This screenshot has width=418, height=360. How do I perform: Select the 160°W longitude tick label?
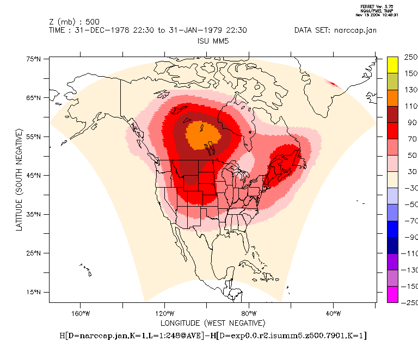pos(79,313)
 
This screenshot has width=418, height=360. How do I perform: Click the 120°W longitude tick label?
pos(164,313)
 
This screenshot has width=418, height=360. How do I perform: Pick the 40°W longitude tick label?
pos(333,313)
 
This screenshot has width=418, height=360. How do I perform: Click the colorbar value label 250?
pos(410,57)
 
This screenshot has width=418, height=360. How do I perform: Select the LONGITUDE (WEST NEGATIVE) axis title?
pos(212,322)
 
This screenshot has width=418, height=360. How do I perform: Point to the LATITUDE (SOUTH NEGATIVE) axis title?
pos(19,180)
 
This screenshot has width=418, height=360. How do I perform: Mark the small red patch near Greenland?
pos(333,84)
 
